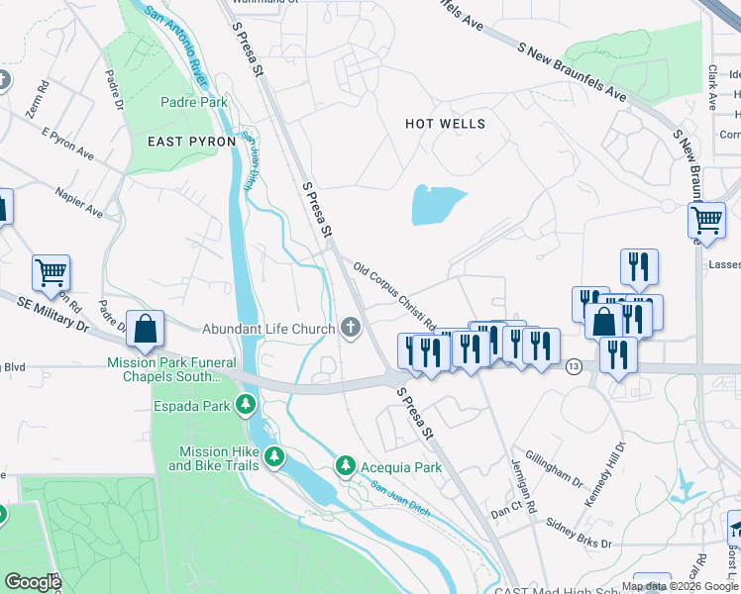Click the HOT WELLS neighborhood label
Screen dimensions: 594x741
(446, 124)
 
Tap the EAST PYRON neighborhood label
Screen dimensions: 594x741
(191, 142)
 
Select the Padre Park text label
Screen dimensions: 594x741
(194, 102)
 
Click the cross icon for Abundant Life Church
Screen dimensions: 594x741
(350, 329)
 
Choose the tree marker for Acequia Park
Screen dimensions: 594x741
(345, 465)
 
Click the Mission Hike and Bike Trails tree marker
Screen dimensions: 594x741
(274, 457)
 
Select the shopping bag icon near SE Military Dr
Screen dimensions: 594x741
(145, 330)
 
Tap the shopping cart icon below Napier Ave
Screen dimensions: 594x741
(51, 271)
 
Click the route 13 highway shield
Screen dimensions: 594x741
(574, 367)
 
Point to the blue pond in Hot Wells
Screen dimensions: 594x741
(437, 205)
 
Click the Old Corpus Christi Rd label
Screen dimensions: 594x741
(395, 296)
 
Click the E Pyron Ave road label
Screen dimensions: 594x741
(67, 145)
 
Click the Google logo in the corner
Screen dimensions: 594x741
(33, 582)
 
